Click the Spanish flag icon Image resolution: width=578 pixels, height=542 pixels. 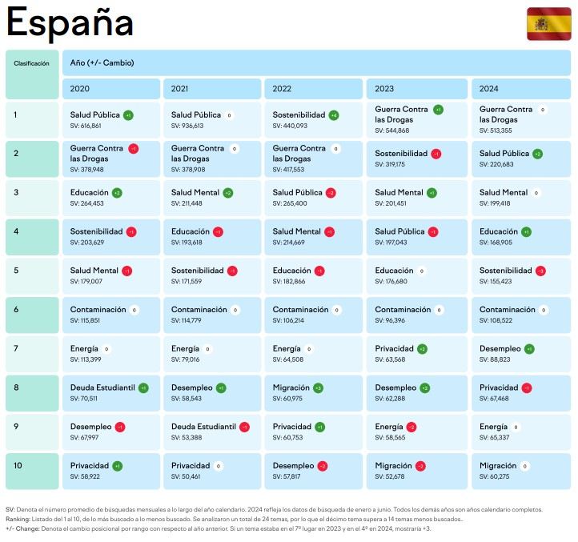click(x=548, y=24)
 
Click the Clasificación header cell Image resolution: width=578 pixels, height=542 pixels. click(x=31, y=63)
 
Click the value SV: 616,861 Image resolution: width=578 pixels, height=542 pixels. click(x=86, y=126)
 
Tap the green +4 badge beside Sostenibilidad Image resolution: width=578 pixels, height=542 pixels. click(x=333, y=115)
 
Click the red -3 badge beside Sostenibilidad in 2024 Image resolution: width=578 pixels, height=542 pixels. click(x=540, y=271)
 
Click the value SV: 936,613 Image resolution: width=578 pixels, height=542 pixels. click(x=187, y=126)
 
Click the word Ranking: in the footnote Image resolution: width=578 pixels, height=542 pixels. click(x=17, y=519)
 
